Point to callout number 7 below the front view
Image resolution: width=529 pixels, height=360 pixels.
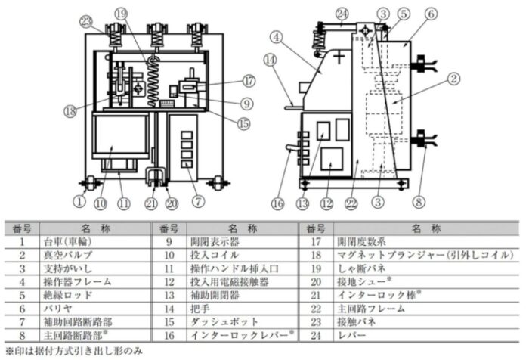pos(197,202)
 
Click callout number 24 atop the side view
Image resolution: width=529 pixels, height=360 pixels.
pos(342,13)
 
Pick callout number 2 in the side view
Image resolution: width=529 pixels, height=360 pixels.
pos(453,76)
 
